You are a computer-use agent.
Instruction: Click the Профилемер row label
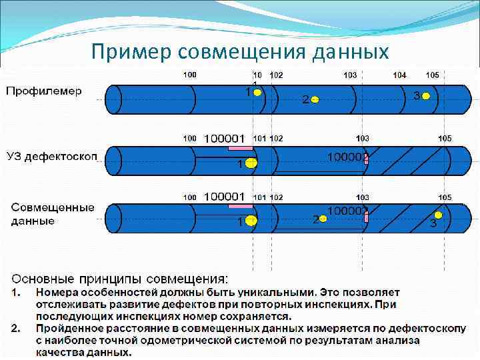[44, 91]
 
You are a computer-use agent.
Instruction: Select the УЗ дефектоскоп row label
[52, 156]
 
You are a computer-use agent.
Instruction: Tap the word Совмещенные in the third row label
[53, 208]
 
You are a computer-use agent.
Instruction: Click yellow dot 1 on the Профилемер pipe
[257, 93]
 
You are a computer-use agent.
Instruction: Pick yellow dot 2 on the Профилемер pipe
[315, 100]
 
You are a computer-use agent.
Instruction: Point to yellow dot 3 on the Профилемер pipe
[426, 97]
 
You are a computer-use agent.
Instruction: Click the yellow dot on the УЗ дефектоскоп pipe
[251, 163]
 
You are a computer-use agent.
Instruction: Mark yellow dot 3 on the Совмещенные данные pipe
[438, 215]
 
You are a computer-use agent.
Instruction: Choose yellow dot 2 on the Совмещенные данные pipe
[323, 218]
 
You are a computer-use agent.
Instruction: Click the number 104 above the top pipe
[399, 75]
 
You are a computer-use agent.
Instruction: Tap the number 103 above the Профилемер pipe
[350, 75]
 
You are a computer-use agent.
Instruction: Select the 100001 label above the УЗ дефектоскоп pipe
[224, 138]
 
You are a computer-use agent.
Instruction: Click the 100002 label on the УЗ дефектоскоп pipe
[347, 157]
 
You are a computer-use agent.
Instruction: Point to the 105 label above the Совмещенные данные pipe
[445, 197]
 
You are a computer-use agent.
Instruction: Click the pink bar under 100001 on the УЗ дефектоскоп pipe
[240, 147]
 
